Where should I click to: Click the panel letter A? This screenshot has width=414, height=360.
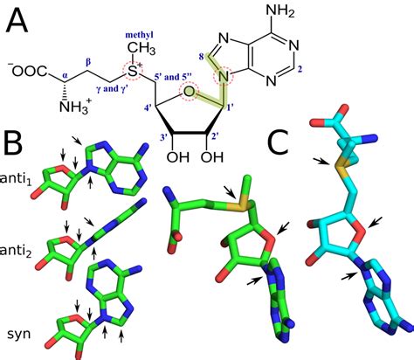click(17, 20)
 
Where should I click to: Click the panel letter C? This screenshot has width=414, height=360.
click(278, 142)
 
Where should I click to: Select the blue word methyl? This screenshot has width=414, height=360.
click(139, 35)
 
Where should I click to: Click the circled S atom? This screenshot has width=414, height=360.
click(133, 71)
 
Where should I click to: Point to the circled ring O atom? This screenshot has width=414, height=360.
click(189, 91)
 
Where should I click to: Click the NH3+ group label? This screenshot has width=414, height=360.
click(75, 107)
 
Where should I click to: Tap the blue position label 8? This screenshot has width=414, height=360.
click(201, 57)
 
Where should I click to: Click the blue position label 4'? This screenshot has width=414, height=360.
click(148, 109)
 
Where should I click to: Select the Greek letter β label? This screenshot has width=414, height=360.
click(88, 63)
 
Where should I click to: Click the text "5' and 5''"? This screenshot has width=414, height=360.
click(173, 78)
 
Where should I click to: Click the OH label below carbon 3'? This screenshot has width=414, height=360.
click(178, 157)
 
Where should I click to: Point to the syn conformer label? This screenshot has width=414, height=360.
click(19, 334)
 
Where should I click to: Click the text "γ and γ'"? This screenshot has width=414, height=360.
click(112, 88)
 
